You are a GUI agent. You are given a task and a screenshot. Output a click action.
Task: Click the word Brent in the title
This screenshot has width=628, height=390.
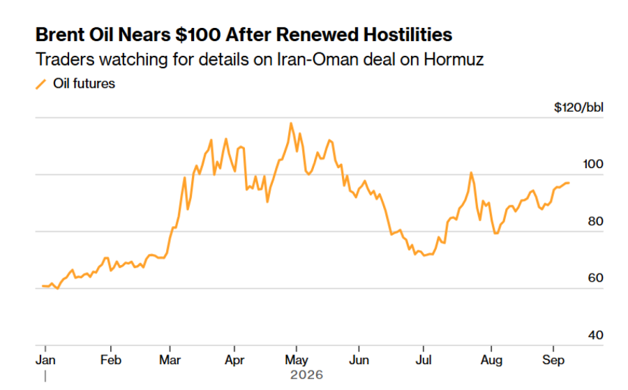coord(60,34)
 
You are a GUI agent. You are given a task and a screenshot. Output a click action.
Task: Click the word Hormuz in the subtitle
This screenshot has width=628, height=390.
coord(454,60)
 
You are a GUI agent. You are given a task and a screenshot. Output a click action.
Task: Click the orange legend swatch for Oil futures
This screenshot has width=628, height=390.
coord(41,84)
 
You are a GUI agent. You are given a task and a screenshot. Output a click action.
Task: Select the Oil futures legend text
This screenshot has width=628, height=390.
coord(84,84)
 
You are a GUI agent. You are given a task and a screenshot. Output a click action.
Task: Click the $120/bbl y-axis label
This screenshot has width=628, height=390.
coord(578,107)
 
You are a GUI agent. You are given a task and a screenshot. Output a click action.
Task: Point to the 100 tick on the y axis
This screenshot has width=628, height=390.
coord(593,164)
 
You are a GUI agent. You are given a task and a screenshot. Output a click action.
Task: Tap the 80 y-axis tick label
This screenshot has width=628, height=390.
coord(595,221)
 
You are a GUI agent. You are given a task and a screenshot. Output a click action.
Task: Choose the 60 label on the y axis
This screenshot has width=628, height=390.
coord(595,278)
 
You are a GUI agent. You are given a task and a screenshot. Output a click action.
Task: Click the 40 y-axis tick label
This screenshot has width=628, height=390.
coord(595,335)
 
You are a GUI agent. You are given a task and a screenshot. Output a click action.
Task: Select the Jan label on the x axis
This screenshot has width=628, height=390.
coord(45,360)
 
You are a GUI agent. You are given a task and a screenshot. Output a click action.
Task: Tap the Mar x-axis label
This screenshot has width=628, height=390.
coord(170,360)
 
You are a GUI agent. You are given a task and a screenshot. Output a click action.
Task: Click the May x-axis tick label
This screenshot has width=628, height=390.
coord(297,361)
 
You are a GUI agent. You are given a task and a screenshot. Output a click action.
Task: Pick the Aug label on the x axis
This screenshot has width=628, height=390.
coord(491,361)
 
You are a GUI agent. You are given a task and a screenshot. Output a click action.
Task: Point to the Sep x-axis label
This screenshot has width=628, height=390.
coord(553,361)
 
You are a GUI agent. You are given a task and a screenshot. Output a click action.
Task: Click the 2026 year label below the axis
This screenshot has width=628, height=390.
coord(306,375)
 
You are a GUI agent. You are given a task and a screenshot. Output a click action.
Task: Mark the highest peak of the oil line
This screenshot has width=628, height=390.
coord(291,123)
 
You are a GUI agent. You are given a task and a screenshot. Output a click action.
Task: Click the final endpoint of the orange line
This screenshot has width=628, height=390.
coord(569,183)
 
